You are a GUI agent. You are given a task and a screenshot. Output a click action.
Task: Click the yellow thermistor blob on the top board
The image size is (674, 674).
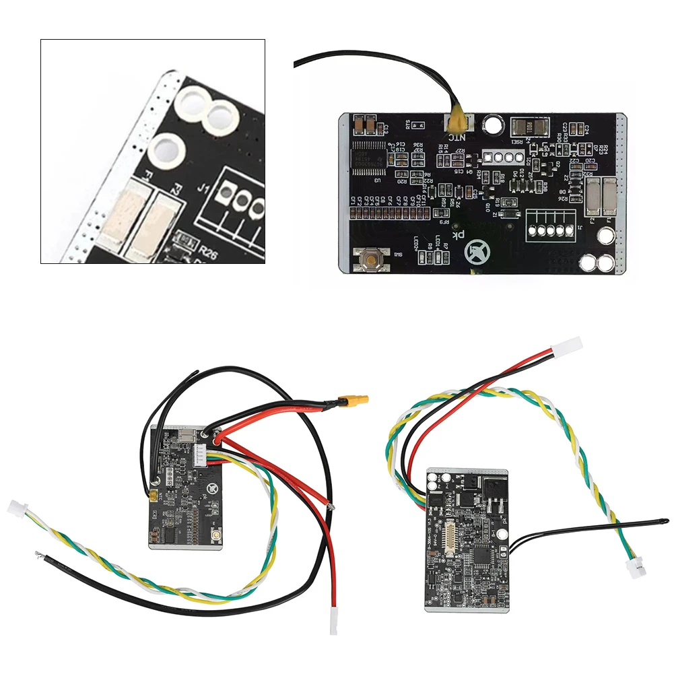click(x=458, y=122)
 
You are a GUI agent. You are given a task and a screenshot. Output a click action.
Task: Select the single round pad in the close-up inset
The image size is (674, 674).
click(x=165, y=149)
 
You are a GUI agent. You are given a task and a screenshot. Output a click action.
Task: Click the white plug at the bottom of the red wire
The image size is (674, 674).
click(x=333, y=623)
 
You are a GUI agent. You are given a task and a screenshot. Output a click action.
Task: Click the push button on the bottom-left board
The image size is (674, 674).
click(x=217, y=535)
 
